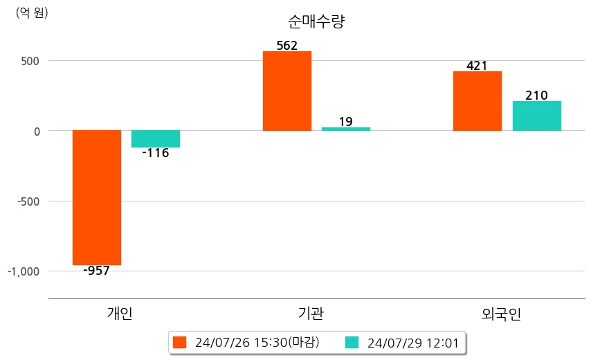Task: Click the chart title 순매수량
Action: click(316, 21)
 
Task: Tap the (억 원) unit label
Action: click(32, 12)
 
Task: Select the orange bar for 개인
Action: click(97, 197)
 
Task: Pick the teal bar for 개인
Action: click(156, 138)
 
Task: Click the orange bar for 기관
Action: click(287, 91)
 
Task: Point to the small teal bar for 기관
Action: click(346, 129)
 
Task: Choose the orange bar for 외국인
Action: click(478, 101)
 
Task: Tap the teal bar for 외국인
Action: click(537, 116)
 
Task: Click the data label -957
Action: click(97, 271)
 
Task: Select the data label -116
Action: click(156, 153)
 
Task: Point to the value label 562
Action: click(287, 46)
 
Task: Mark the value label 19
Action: click(346, 122)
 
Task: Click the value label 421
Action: click(478, 66)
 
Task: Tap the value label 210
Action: click(537, 96)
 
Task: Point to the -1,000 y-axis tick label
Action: click(24, 271)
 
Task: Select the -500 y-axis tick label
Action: click(28, 201)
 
